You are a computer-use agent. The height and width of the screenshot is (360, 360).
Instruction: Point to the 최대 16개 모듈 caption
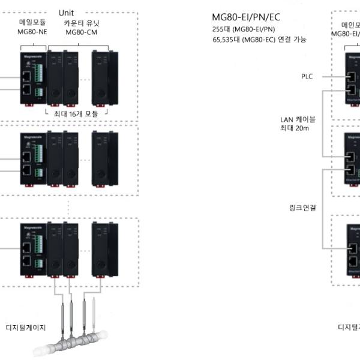click(76, 113)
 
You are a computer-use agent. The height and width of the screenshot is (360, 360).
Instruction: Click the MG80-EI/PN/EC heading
click(246, 17)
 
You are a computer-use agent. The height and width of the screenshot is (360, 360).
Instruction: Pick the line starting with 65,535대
click(259, 40)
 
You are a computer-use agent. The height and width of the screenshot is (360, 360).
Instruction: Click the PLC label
click(307, 76)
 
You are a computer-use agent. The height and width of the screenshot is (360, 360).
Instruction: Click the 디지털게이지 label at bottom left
click(26, 327)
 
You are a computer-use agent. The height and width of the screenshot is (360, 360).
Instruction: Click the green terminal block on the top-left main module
click(40, 76)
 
